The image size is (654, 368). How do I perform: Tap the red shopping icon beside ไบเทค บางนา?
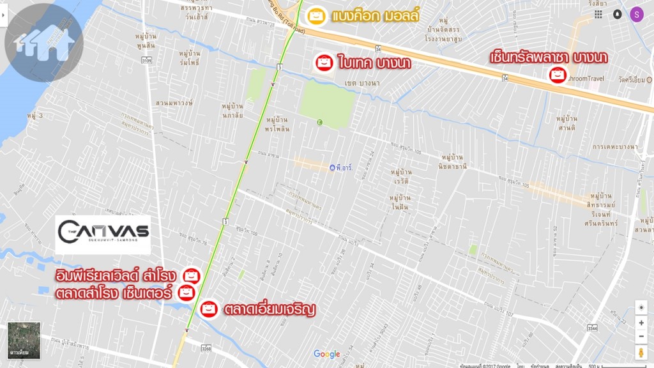[325, 63]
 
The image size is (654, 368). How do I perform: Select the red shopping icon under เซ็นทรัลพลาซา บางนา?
[557, 75]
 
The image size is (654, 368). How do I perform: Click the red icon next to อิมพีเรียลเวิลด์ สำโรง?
[192, 276]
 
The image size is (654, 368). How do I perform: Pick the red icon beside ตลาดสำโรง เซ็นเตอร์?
[186, 293]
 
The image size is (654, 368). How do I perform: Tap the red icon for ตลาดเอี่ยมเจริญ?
[208, 309]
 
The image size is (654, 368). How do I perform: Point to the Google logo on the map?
[327, 355]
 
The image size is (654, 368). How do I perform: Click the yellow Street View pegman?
[641, 353]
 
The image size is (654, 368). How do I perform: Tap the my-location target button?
[641, 308]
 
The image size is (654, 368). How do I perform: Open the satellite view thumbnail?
[24, 340]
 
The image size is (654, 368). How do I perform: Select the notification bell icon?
[617, 14]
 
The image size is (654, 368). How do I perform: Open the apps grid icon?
[598, 14]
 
